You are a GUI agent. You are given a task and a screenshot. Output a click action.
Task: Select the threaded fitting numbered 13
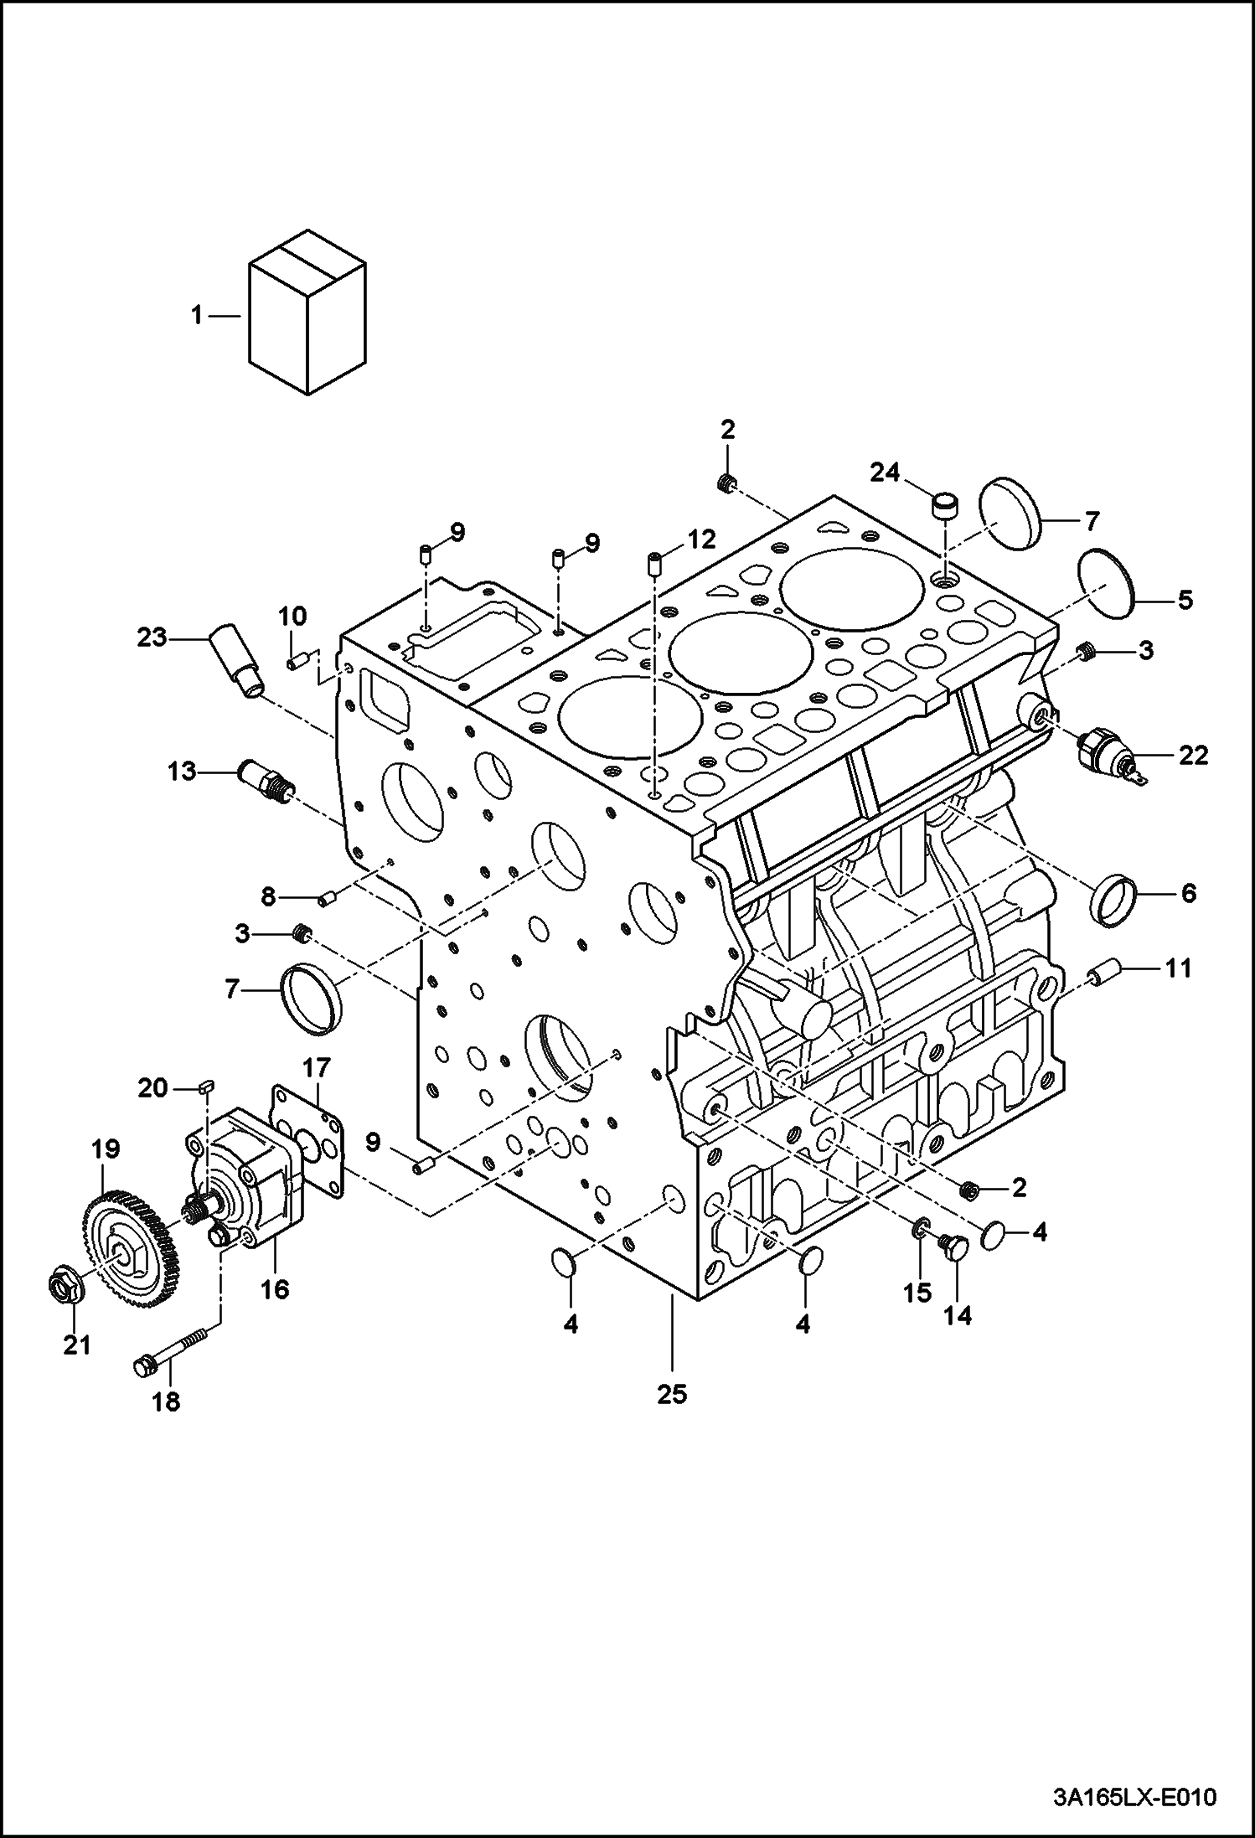(x=266, y=779)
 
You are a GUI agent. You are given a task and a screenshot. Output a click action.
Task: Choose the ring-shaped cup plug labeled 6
(x=1113, y=901)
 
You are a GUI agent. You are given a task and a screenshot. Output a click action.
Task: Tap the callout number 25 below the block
(x=672, y=1394)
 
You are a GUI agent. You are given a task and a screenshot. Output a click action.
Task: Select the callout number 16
(x=274, y=1288)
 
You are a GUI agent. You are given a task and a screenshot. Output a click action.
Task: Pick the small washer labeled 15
(x=919, y=1230)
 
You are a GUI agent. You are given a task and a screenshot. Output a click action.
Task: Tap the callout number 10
(x=292, y=617)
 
